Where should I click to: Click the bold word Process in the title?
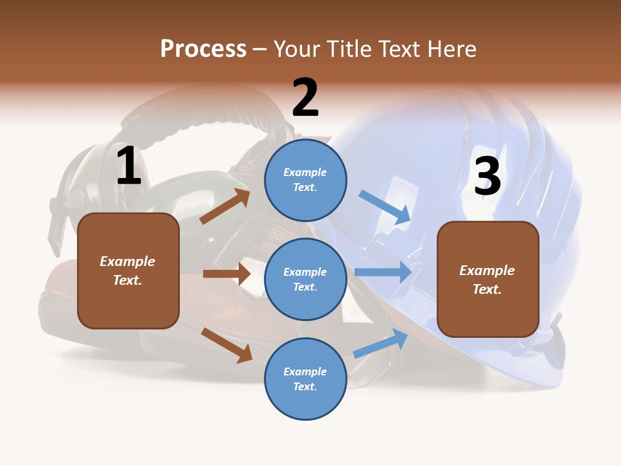(203, 49)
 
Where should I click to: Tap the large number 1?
(129, 166)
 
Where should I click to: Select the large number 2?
(305, 98)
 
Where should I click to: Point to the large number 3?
(487, 175)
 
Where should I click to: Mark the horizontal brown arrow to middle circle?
(226, 274)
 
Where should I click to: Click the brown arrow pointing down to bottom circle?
(226, 344)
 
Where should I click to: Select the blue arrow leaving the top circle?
(385, 207)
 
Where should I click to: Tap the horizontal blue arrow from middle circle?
(384, 272)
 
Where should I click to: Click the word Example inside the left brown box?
(127, 261)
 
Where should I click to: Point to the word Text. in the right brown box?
(487, 289)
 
